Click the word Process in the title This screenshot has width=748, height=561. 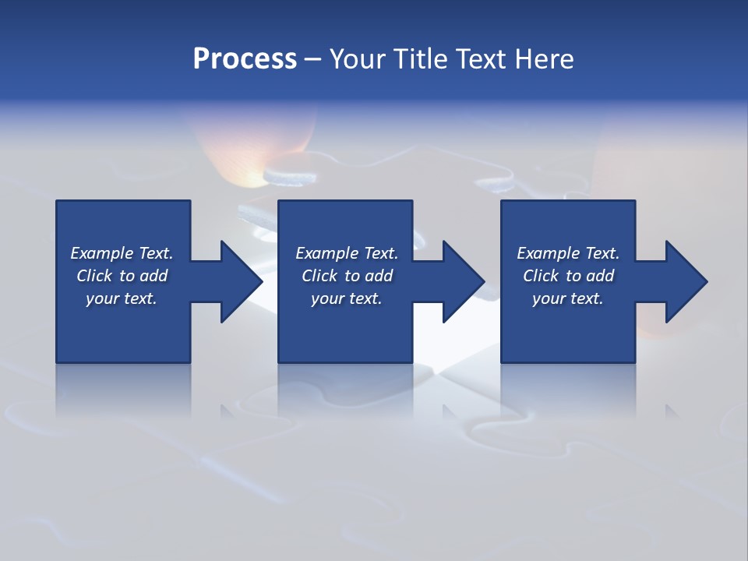point(245,59)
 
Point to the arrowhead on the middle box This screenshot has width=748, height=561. point(462,281)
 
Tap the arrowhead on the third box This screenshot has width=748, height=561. point(685,281)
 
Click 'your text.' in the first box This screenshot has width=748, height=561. point(122,298)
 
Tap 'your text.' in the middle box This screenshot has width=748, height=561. point(346,298)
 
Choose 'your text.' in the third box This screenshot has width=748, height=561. point(568,298)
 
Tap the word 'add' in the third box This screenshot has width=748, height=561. point(600,276)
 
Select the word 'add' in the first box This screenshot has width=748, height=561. point(153,276)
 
